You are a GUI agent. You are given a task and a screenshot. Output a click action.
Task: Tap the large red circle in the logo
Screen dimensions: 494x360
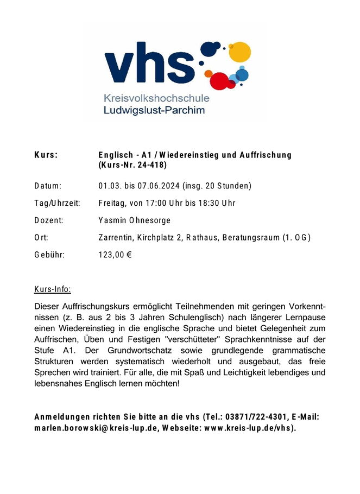pos(219,80)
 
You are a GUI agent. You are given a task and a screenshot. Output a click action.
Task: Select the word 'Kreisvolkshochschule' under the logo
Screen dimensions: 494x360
pos(156,99)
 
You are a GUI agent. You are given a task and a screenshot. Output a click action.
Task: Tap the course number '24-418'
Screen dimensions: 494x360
pos(151,164)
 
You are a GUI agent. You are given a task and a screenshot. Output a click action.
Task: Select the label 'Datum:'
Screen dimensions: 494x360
pos(48,186)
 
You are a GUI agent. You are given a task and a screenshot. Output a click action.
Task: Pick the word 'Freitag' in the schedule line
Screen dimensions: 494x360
pos(112,204)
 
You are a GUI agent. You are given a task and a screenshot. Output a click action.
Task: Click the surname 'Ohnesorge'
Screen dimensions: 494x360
pos(150,220)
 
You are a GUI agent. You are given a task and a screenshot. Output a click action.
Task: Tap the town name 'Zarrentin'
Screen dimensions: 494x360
pos(116,237)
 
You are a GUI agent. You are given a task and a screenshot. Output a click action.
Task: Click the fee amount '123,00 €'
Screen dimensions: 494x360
pos(116,254)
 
